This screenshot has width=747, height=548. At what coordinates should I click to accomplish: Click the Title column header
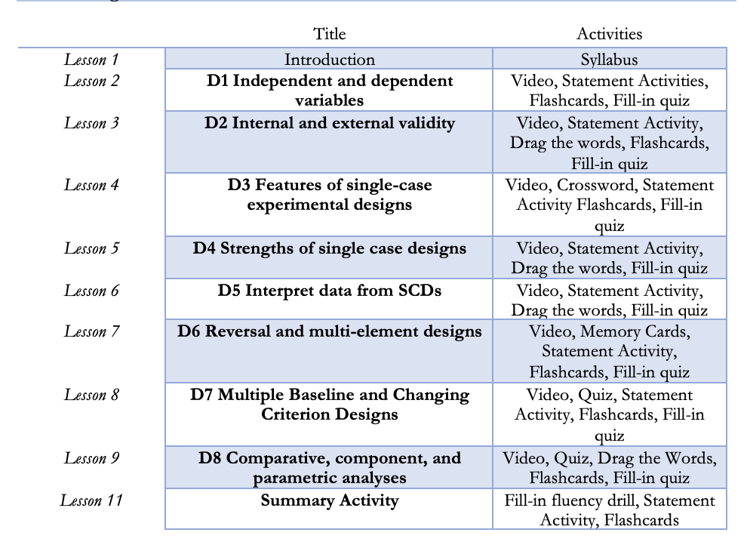329,33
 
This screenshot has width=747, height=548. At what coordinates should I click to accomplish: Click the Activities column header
609,33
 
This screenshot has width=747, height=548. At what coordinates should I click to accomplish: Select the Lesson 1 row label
91,59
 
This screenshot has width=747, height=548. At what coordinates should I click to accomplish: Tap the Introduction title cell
329,59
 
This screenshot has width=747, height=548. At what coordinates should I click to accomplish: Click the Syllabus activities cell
609,59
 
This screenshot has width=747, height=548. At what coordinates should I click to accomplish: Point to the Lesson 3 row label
91,122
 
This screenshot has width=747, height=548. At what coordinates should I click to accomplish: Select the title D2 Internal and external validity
329,122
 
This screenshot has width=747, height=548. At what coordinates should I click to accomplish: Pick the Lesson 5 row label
91,248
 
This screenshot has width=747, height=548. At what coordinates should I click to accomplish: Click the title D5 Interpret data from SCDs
329,291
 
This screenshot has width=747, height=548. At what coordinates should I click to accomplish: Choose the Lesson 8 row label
91,395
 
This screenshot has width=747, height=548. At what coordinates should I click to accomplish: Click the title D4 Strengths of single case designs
329,248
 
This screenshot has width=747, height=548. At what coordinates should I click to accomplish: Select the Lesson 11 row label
91,500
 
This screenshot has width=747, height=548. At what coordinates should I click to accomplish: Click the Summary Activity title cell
329,500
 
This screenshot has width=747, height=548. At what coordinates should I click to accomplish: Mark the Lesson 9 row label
91,458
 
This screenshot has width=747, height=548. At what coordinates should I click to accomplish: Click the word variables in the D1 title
329,100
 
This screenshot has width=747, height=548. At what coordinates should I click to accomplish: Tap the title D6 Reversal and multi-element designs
329,331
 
